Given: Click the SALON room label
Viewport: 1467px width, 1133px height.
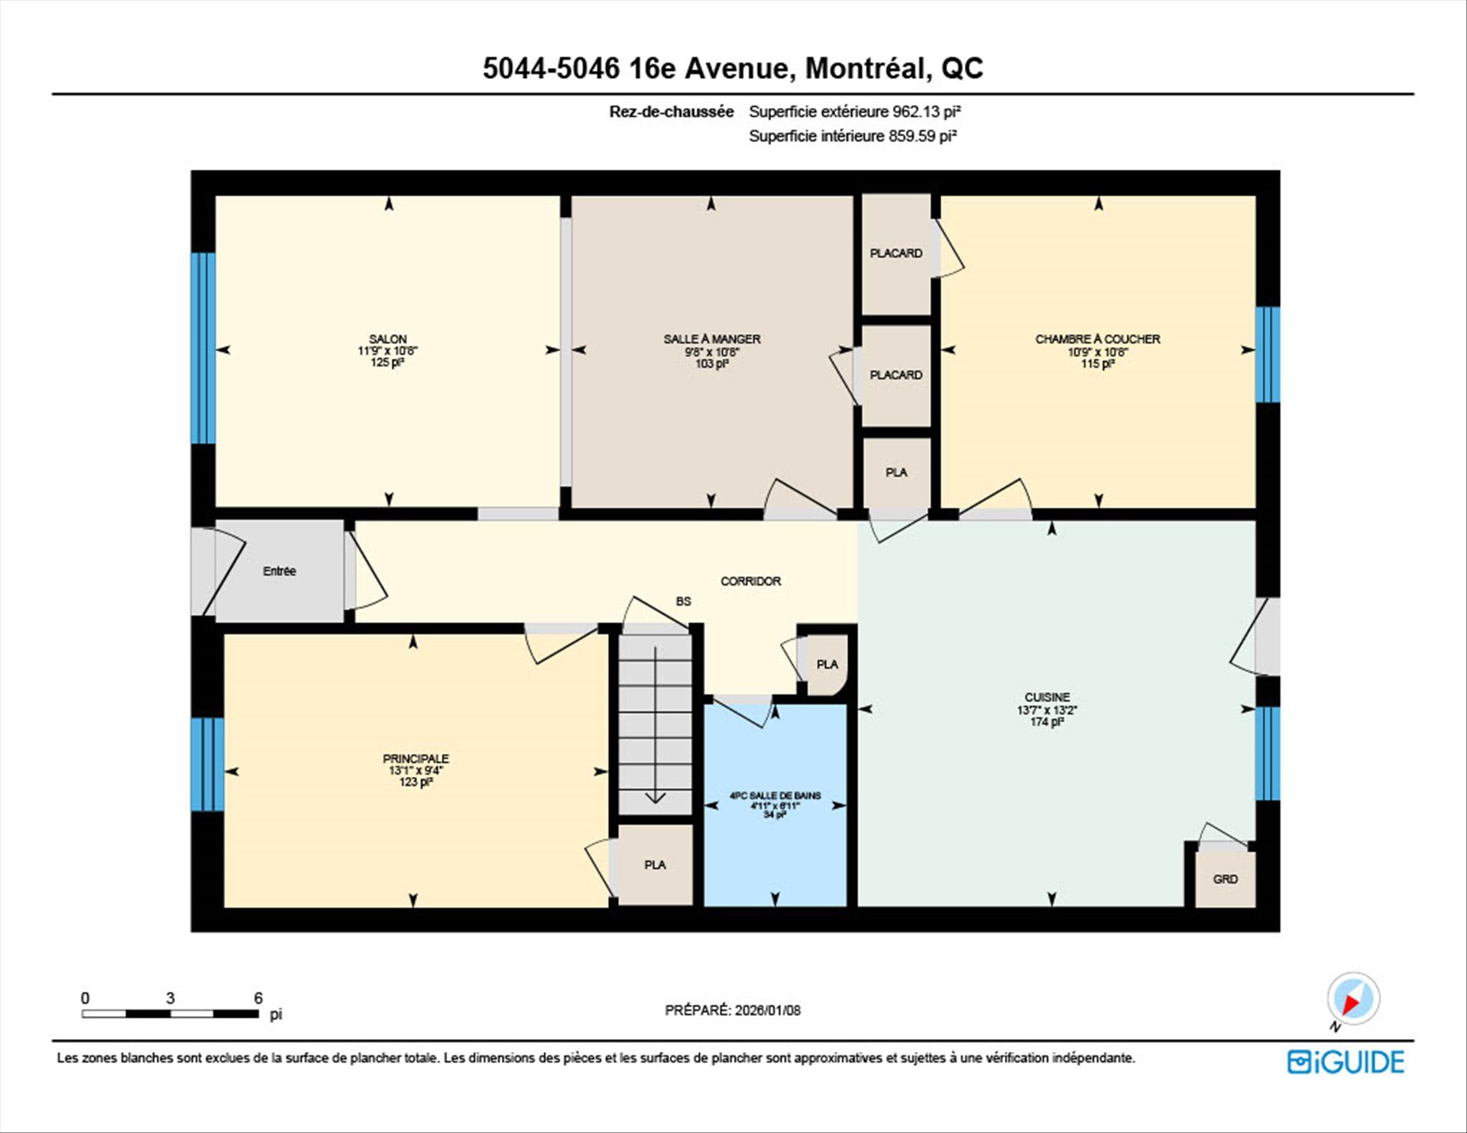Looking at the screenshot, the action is (388, 338).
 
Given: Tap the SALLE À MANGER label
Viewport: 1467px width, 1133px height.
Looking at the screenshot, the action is (712, 338).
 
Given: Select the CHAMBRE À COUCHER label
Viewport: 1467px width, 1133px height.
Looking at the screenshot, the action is (1098, 338).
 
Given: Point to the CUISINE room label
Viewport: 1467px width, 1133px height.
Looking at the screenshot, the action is (1048, 697).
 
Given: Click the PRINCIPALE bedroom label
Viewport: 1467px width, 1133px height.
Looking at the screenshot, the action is (416, 758).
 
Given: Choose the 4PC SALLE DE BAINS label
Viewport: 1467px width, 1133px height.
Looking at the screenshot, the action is (775, 795).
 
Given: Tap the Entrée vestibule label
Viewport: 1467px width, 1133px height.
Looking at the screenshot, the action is (280, 571).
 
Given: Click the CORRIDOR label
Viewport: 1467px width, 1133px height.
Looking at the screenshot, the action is (751, 581).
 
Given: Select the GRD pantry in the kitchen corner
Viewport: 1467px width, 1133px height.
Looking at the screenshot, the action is (1226, 879).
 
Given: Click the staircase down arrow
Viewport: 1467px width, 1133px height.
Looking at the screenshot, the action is (656, 726).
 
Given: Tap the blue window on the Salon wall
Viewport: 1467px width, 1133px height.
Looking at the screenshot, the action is (202, 348).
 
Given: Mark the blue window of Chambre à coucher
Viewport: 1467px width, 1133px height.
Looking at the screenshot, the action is (1268, 354).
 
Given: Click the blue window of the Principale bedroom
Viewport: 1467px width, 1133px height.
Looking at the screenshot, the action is (207, 764).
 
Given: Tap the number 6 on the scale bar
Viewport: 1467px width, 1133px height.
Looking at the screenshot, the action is (258, 998).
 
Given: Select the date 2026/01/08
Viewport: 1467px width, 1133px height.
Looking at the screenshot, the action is (768, 1010).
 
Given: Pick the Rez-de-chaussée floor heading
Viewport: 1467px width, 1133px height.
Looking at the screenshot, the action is (672, 112).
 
